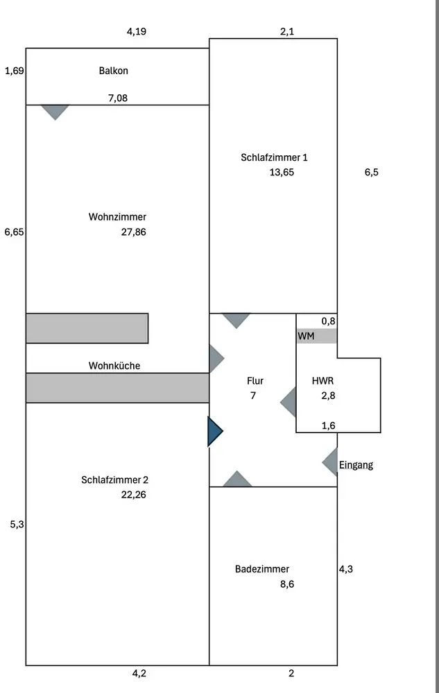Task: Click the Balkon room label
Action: [114, 71]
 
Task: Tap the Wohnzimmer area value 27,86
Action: [133, 232]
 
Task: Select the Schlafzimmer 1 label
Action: [274, 157]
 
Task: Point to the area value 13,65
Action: [282, 173]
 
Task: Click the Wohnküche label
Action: [114, 365]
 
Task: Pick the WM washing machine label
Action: [305, 336]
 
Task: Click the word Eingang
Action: [356, 465]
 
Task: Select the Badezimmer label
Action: [262, 569]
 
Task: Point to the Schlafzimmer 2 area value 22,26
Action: [133, 495]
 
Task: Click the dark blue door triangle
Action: [214, 431]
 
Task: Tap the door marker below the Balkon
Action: [55, 112]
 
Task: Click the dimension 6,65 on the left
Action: [14, 233]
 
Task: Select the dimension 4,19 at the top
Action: [137, 31]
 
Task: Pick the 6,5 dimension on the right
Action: [372, 173]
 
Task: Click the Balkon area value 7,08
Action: [118, 98]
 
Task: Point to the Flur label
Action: [255, 381]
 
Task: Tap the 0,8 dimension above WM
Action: [328, 321]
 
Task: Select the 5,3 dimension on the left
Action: [17, 525]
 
